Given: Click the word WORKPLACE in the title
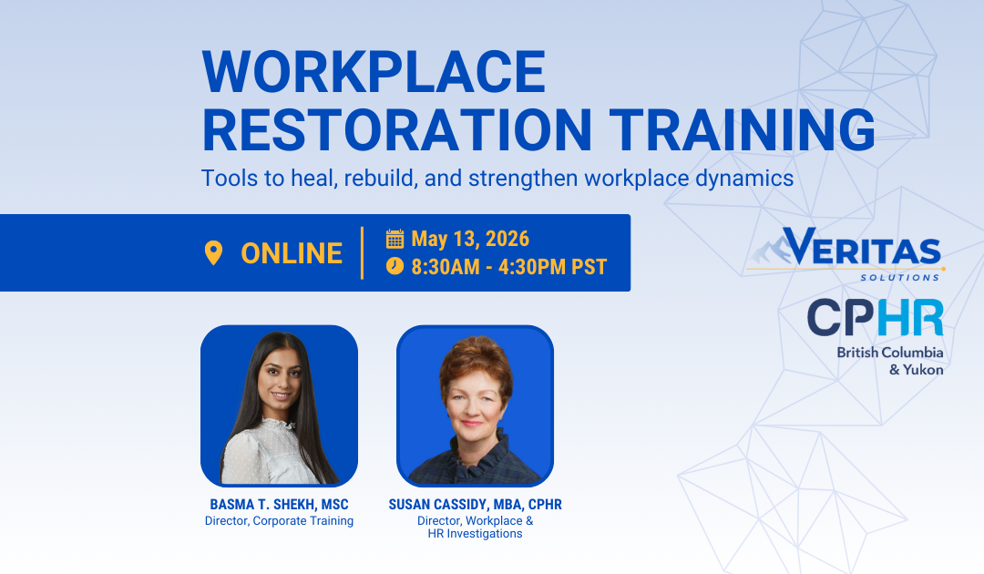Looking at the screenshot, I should click(374, 72).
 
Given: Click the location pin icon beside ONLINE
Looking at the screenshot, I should click(214, 252).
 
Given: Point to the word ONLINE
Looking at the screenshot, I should click(292, 253).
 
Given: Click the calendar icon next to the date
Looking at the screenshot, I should click(395, 239).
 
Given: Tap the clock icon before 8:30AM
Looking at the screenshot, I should click(395, 266).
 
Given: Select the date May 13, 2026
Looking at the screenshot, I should click(470, 239).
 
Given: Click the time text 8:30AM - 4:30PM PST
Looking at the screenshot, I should click(508, 267).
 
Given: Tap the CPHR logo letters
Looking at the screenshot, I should click(875, 318).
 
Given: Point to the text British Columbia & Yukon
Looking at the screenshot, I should click(890, 361).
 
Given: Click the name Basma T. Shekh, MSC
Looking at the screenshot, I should click(279, 505).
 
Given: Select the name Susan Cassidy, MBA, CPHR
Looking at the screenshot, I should click(475, 505).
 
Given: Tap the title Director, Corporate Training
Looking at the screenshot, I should click(279, 521).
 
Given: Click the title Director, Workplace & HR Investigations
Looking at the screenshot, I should click(475, 527).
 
